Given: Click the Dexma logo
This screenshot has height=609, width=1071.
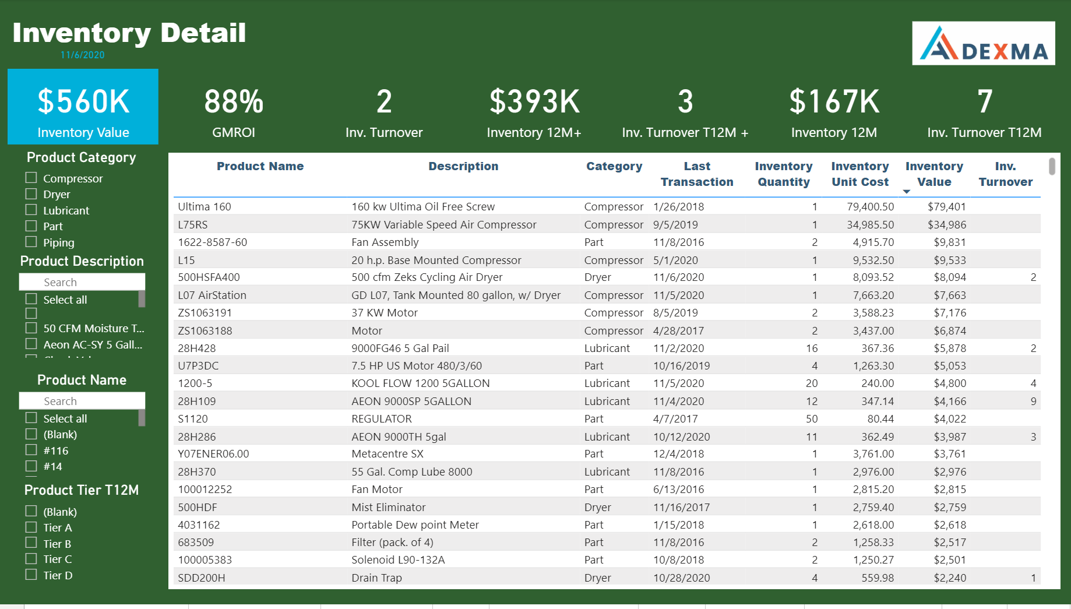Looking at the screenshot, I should coord(983,43).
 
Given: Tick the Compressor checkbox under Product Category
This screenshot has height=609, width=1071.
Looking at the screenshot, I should coord(31,178).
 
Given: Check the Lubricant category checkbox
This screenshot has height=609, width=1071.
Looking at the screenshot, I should coord(31,210).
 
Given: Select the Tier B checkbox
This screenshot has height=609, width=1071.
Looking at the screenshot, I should coord(31,543).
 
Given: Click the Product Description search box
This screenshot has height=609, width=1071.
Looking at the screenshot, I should coord(82,282).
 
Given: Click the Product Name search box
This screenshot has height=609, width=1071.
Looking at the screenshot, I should coord(82,401).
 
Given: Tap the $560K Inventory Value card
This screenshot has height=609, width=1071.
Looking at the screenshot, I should coord(83,107).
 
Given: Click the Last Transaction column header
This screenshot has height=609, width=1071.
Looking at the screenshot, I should coord(696,174).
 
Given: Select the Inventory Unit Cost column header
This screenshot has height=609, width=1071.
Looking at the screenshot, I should coord(859,174).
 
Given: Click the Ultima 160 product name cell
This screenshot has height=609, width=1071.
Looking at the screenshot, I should coord(205,206).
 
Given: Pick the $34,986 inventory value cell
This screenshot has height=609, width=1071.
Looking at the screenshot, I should coord(946,224).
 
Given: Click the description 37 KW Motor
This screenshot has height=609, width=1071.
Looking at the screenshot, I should coord(385,312).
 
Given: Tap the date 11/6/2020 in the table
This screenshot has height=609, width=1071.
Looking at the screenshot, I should coord(678,277).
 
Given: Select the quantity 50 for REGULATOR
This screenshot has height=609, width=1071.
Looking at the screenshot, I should coord(811,418).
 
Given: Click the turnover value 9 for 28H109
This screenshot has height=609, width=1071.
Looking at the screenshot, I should coord(1033,401).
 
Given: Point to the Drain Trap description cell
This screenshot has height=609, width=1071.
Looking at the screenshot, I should coord(376,578).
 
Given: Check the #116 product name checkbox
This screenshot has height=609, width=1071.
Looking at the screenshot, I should coord(31,450).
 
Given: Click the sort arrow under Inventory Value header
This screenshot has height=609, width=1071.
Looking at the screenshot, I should coord(906,192).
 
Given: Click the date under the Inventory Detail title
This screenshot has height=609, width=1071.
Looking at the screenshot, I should coord(83,55).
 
